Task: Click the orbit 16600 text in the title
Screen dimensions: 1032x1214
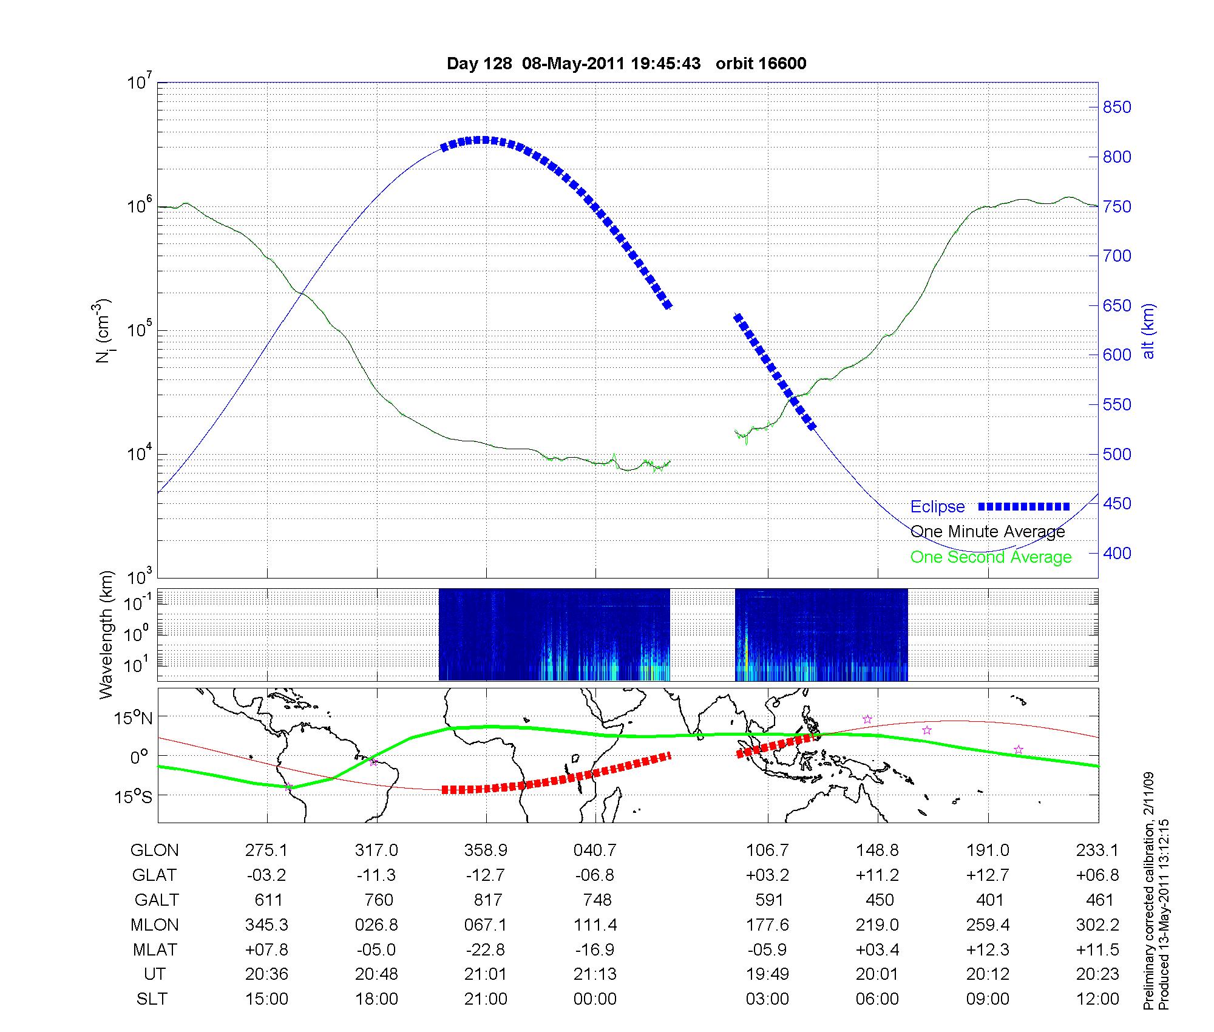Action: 761,64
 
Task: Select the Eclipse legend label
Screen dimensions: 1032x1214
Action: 937,507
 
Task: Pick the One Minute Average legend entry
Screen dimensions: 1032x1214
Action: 988,532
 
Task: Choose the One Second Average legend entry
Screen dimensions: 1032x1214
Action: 991,557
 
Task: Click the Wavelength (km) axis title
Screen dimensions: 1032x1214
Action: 107,634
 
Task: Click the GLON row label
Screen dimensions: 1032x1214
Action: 154,850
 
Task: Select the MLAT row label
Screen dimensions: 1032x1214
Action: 154,949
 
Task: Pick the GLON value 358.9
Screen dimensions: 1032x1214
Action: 486,850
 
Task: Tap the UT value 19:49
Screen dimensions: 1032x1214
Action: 768,974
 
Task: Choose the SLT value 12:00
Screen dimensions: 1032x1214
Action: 1097,999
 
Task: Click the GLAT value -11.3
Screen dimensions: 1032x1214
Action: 376,875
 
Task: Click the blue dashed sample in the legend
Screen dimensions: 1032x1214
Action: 1023,506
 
